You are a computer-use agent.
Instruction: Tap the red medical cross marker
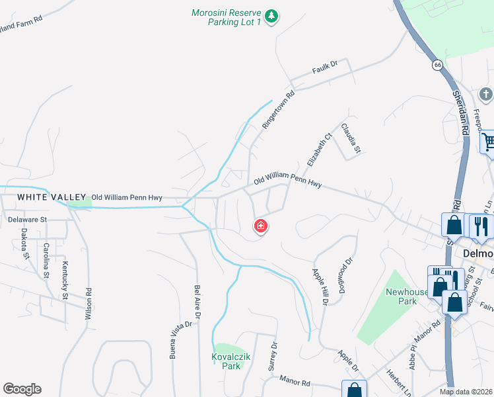coord(261,227)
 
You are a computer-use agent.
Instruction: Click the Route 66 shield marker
coord(437,65)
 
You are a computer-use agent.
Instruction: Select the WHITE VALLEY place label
coord(52,197)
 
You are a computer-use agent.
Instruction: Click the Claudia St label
coord(351,137)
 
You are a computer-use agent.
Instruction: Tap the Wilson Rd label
coord(87,302)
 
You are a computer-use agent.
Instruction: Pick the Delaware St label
coord(28,219)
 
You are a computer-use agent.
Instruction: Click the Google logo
coord(22,389)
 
